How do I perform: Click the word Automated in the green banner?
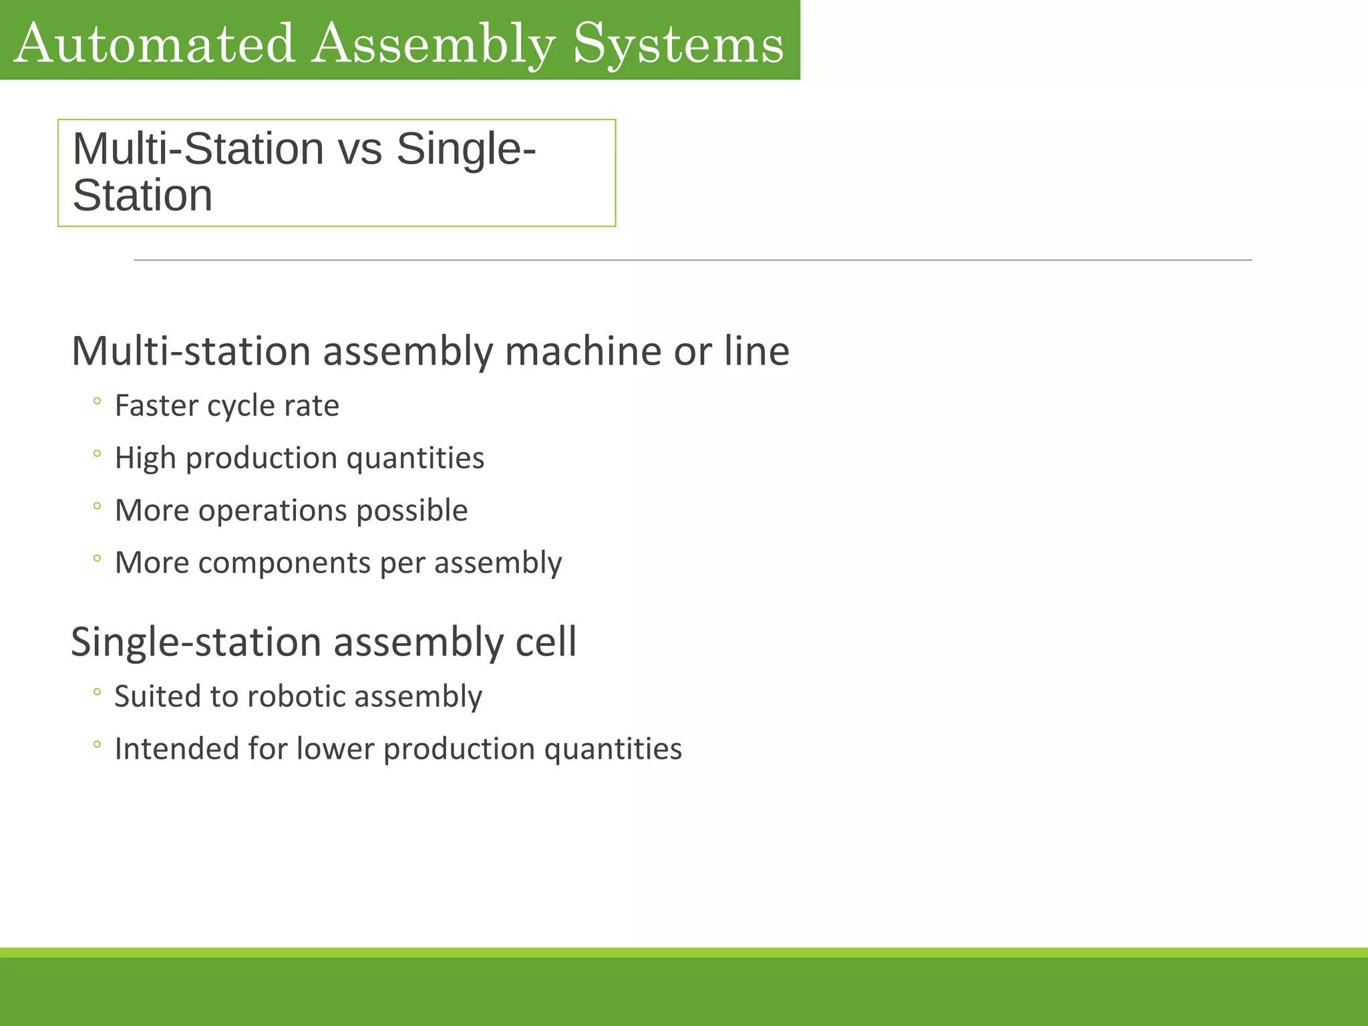pos(154,44)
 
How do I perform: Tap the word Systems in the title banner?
pos(679,44)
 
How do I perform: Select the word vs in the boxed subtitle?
pos(360,149)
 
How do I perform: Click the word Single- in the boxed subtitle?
pos(466,149)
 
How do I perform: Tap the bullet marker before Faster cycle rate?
pos(97,401)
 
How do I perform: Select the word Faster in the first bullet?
pos(158,405)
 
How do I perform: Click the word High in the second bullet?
pos(145,458)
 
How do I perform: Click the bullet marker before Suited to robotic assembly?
pos(97,692)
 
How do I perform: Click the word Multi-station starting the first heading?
pos(191,352)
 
